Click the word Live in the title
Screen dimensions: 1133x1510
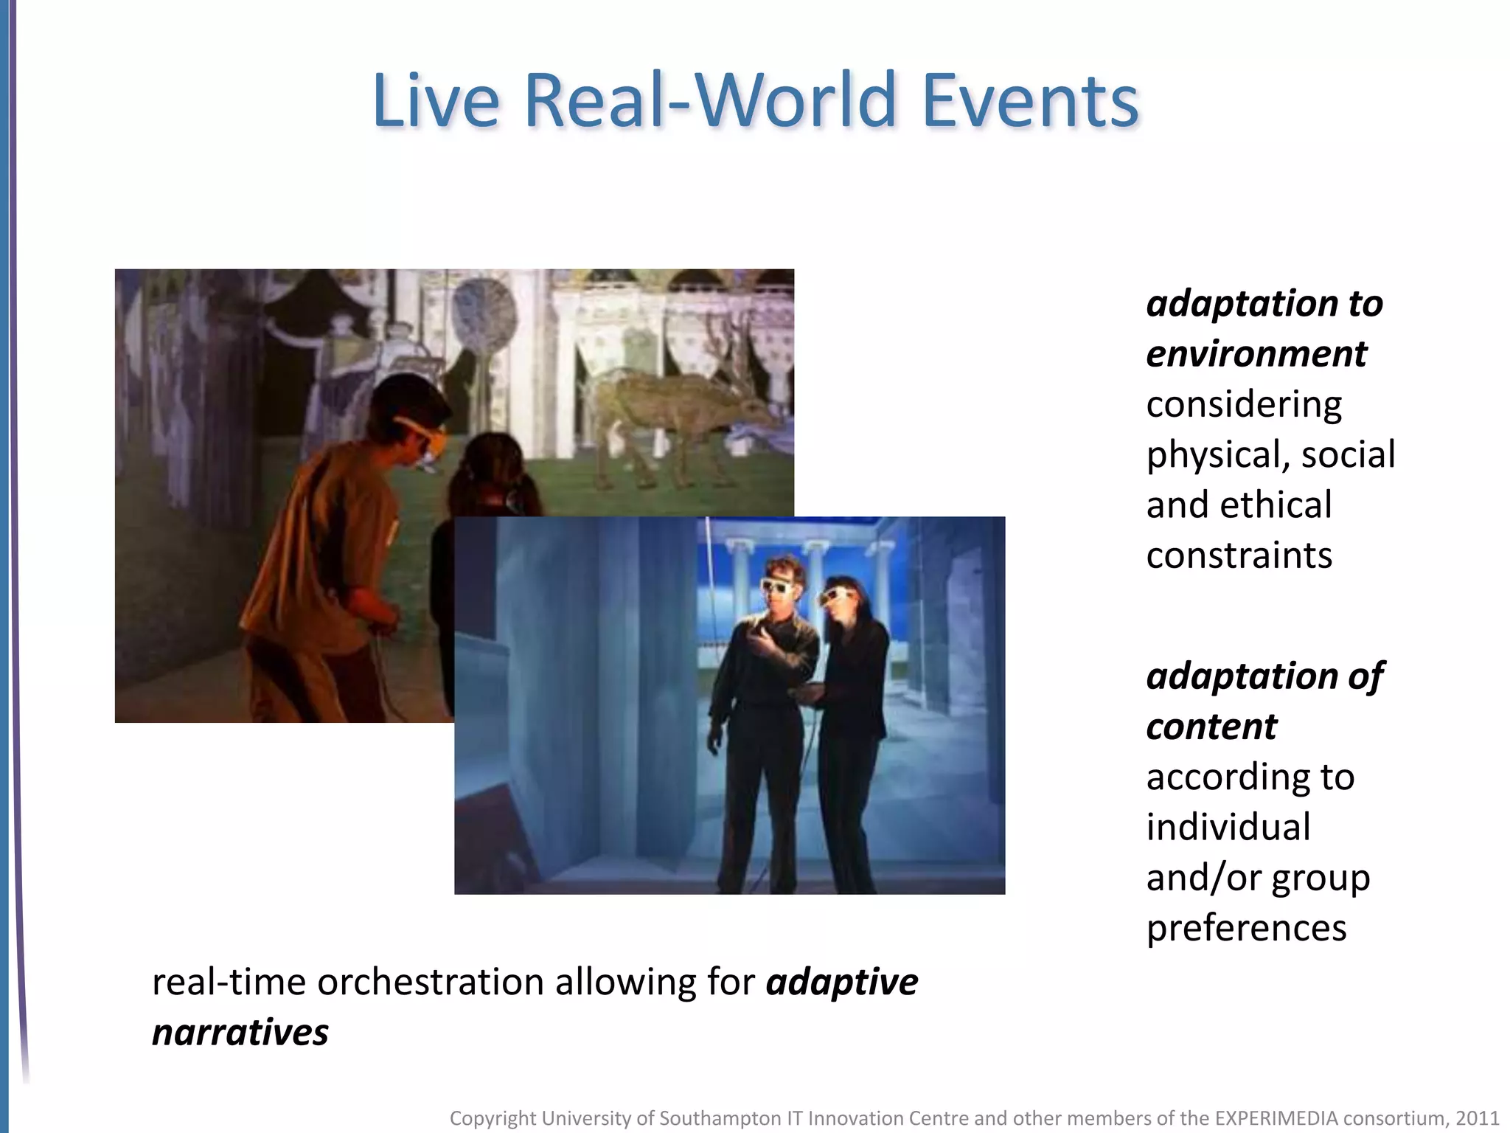coord(435,100)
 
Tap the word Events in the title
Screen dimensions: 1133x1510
coord(1030,100)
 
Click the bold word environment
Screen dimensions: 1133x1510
coord(1256,354)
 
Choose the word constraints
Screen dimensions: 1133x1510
coord(1239,555)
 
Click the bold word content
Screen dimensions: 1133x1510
coord(1211,727)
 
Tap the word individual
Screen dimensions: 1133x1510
coord(1228,827)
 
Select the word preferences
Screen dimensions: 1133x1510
coord(1246,928)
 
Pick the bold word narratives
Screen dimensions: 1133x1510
coord(240,1033)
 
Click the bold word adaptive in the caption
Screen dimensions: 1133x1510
coord(842,983)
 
